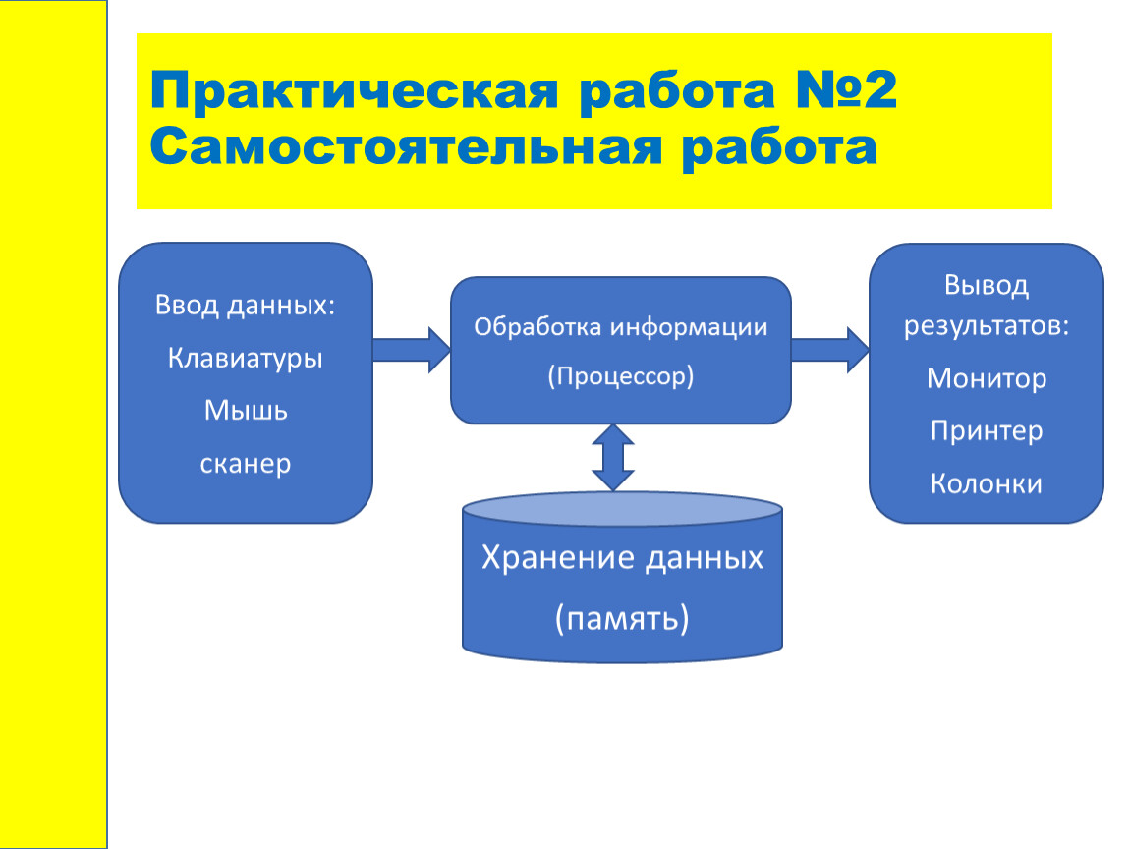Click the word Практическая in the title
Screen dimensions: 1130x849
(354, 91)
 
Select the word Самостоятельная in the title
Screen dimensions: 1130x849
(406, 147)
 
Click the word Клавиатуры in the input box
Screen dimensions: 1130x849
(245, 359)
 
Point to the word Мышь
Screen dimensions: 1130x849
(246, 410)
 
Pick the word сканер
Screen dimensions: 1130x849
(245, 464)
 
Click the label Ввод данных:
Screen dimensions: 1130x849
(245, 306)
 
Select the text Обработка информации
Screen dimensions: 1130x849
(620, 328)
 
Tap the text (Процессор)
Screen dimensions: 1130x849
(620, 376)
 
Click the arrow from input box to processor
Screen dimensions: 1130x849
(412, 350)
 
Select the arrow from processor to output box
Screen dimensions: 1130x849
(830, 350)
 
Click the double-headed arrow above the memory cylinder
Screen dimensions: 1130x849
(613, 458)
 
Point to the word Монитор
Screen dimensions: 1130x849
(987, 378)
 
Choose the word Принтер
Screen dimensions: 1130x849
(987, 431)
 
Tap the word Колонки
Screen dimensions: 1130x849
(987, 483)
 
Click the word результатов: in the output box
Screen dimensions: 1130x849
(987, 326)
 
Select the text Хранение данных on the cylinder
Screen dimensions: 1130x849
(622, 558)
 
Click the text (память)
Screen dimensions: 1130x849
(622, 618)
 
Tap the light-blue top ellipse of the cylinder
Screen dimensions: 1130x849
(622, 510)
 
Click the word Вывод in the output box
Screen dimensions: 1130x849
(987, 286)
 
